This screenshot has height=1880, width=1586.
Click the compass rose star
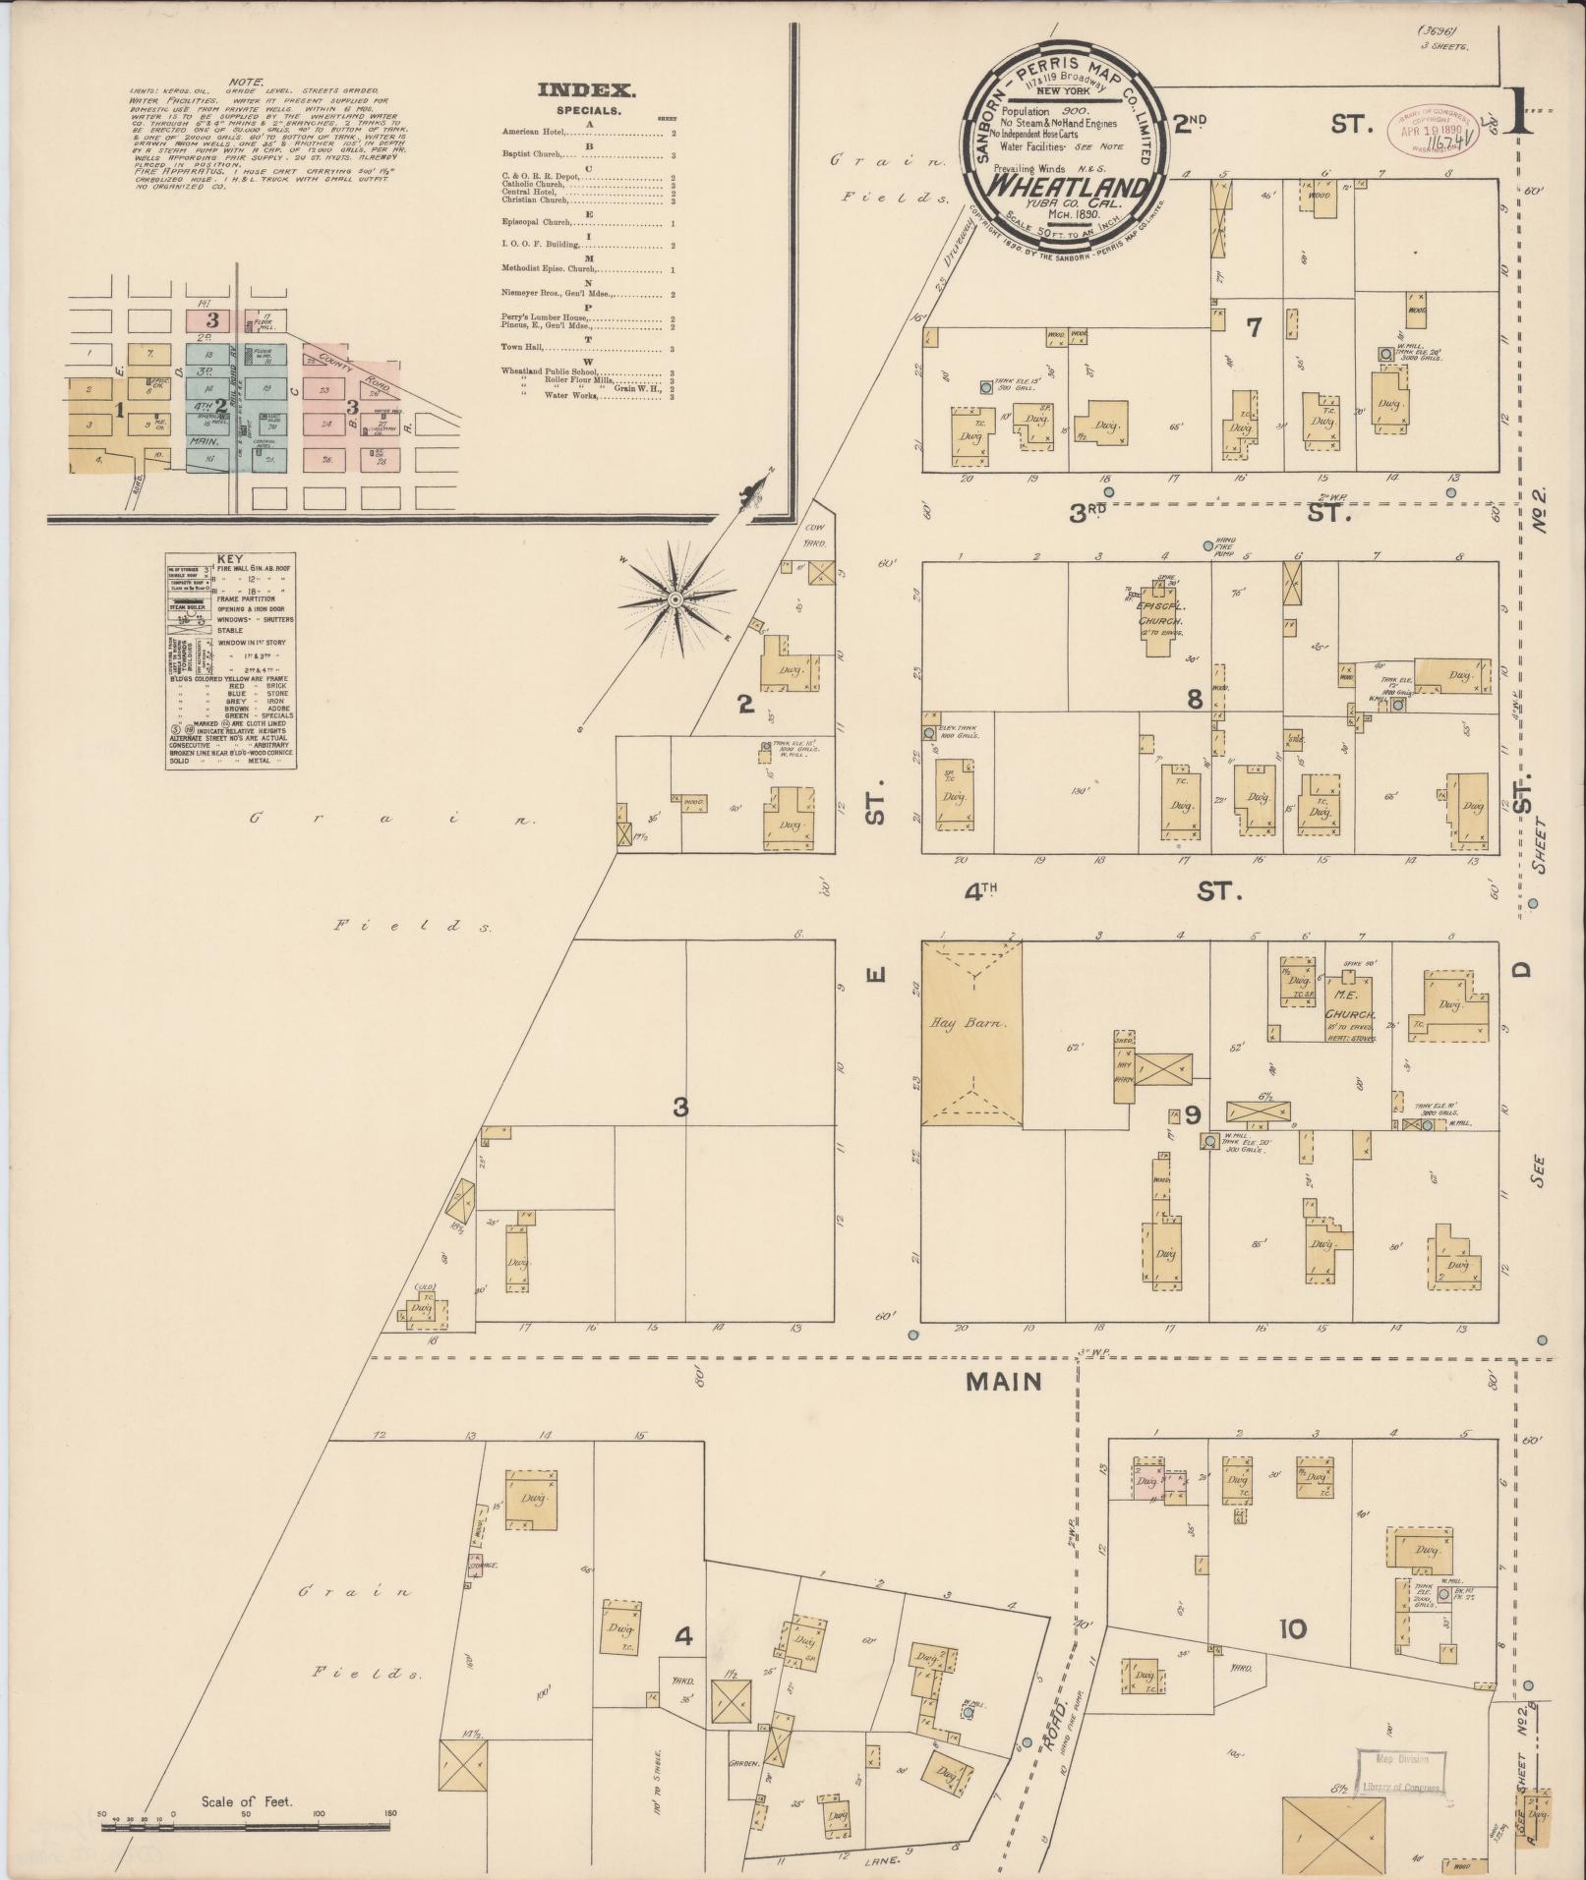pyautogui.click(x=676, y=598)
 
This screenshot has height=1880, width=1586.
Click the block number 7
pyautogui.click(x=1253, y=327)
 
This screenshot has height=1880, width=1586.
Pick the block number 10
pyautogui.click(x=1292, y=1629)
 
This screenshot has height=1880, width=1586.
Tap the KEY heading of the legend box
pyautogui.click(x=229, y=556)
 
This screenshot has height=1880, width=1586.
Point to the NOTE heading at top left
pyautogui.click(x=244, y=82)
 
